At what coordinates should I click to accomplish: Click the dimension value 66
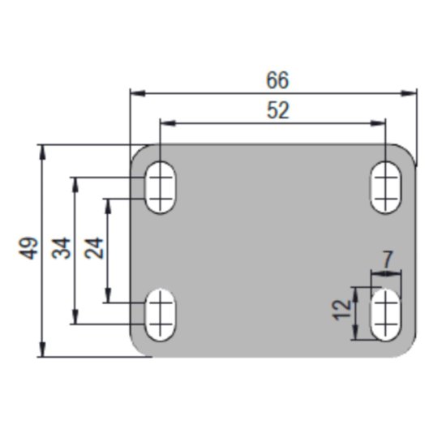[x=277, y=80]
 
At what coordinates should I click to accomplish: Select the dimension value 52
[x=278, y=110]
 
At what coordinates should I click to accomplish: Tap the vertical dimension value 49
[x=28, y=248]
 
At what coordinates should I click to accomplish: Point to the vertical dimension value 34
[x=62, y=248]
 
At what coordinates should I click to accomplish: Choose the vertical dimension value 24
[x=94, y=248]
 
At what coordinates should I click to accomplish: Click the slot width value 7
[x=387, y=259]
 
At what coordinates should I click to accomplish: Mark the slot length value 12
[x=342, y=310]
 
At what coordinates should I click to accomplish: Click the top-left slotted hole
[x=161, y=187]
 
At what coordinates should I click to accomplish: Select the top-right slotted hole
[x=386, y=187]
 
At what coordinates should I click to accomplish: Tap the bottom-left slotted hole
[x=161, y=315]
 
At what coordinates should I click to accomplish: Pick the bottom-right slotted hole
[x=386, y=315]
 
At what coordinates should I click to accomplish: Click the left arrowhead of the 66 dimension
[x=138, y=93]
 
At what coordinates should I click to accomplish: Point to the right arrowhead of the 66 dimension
[x=409, y=93]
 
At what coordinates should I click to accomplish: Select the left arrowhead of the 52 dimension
[x=168, y=123]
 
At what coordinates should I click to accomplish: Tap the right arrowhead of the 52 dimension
[x=378, y=123]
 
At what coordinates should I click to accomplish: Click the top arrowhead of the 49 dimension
[x=42, y=152]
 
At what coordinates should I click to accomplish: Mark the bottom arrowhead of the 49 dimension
[x=42, y=349]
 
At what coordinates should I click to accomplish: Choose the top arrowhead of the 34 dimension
[x=75, y=185]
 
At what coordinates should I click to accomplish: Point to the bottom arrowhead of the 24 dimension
[x=108, y=295]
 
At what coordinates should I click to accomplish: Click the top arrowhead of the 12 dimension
[x=356, y=295]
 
